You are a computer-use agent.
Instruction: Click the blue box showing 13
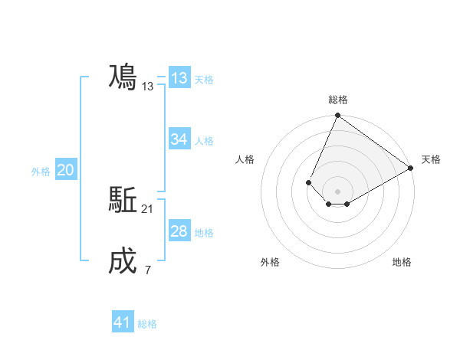click(179, 78)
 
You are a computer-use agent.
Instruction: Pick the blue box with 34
click(179, 139)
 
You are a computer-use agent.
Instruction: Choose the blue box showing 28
click(179, 231)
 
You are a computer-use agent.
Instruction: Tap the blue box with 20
click(65, 171)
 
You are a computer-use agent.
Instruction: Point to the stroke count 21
click(148, 209)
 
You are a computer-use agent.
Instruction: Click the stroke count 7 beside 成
click(147, 270)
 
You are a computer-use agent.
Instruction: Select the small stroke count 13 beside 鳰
click(148, 87)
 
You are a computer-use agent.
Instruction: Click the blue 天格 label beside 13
click(204, 79)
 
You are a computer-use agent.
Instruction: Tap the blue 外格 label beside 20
click(41, 172)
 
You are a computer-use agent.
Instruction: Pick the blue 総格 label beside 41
click(147, 323)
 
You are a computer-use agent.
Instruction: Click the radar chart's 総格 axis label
click(337, 100)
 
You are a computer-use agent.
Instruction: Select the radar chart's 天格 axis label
click(431, 159)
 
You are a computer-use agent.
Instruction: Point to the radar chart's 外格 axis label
click(270, 262)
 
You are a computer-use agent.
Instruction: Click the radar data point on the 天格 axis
click(411, 168)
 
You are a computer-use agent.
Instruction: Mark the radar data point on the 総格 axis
click(337, 116)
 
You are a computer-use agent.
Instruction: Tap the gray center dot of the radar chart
click(337, 191)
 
